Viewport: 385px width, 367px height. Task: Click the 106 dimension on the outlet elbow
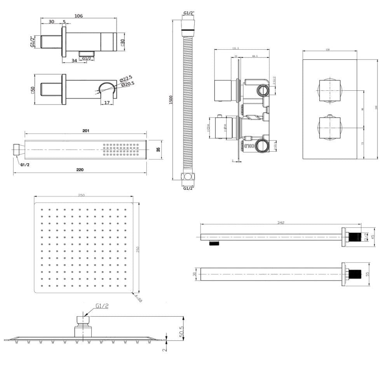point(78,16)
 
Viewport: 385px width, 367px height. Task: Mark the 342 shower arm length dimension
point(281,222)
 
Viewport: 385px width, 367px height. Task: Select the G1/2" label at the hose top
point(188,13)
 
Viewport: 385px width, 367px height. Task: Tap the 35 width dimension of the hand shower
point(158,149)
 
